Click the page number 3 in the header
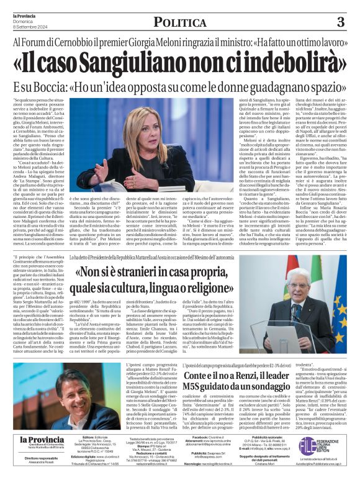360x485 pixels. point(340,22)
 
